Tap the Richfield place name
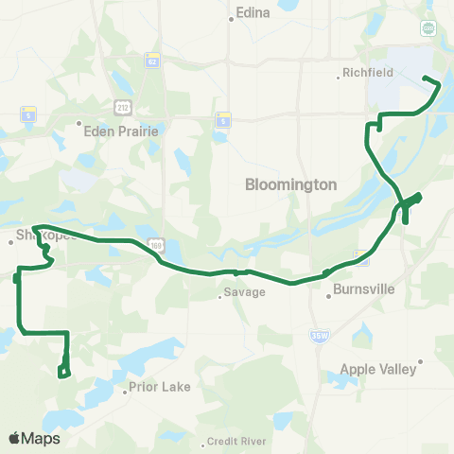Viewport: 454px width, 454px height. click(x=365, y=72)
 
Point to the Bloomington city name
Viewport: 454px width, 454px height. click(x=290, y=185)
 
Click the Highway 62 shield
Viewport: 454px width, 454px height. click(x=150, y=61)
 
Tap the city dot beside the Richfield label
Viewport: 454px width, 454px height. click(x=339, y=73)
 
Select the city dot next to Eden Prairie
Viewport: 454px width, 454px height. click(x=79, y=122)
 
